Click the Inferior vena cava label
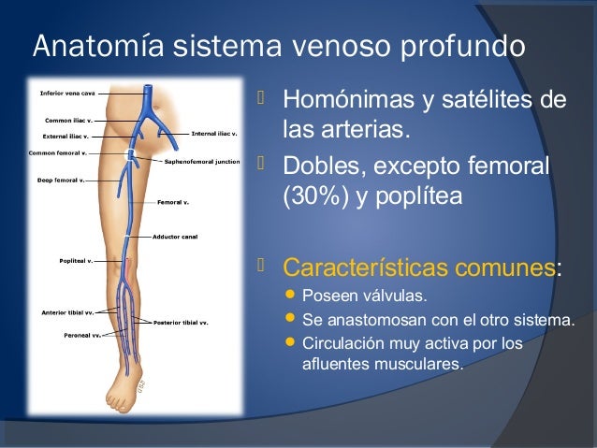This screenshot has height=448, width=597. tap(66, 93)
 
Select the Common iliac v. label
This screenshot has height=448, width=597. tap(67, 121)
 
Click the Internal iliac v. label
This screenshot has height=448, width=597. tap(213, 134)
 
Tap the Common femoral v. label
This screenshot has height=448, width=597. tap(58, 152)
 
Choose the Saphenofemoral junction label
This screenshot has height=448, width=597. tap(202, 161)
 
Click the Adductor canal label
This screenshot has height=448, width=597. tap(176, 237)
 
